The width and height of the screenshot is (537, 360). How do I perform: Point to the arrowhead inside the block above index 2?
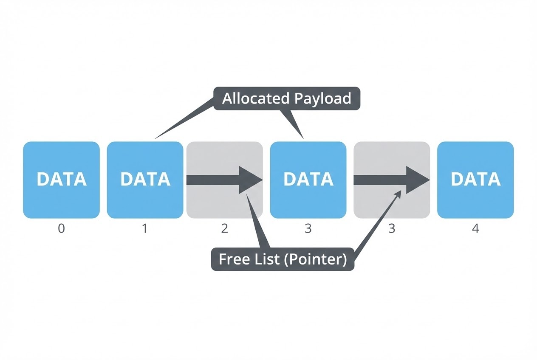[x=250, y=180]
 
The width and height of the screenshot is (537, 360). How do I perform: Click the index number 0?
[x=61, y=229]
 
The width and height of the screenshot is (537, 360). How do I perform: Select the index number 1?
[x=145, y=229]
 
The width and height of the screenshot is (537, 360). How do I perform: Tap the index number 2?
[x=224, y=229]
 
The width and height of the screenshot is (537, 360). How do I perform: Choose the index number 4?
[x=475, y=229]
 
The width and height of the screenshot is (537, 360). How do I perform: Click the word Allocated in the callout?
[x=256, y=98]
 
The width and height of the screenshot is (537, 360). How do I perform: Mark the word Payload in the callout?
[x=323, y=98]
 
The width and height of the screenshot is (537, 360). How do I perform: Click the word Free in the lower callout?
[x=233, y=259]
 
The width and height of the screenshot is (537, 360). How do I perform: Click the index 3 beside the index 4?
[x=392, y=229]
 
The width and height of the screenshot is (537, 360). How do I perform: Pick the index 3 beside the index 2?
[x=308, y=229]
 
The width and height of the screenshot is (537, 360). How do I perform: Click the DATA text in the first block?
[x=62, y=180]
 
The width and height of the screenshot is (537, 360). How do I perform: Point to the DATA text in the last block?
[x=475, y=180]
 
